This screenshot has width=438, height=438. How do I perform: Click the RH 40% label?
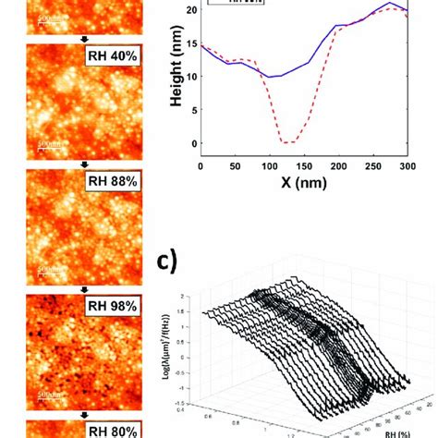pyautogui.click(x=114, y=55)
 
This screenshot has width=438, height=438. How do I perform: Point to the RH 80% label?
pyautogui.click(x=114, y=430)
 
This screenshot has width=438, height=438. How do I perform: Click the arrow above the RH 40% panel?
pyautogui.click(x=84, y=39)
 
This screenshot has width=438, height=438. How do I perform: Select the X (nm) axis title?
pyautogui.click(x=303, y=182)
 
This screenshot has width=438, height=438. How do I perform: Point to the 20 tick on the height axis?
pyautogui.click(x=191, y=10)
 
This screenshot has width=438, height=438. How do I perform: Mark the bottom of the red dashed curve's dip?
pyautogui.click(x=289, y=142)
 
